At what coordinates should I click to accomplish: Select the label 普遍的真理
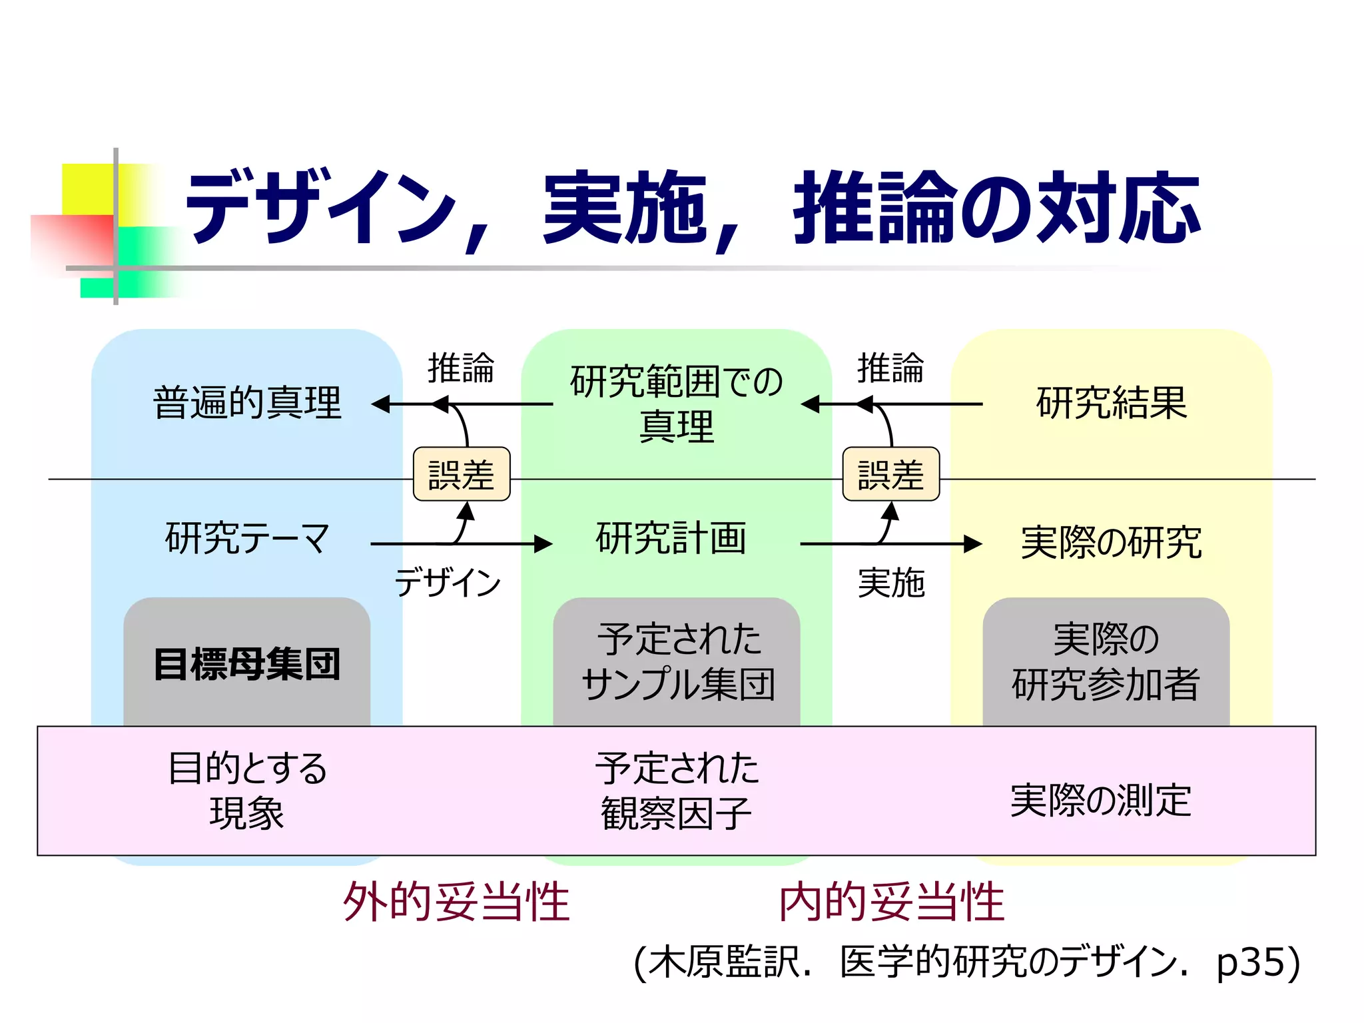[247, 403]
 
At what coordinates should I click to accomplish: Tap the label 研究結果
[1111, 403]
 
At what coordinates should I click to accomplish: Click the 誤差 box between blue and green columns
[462, 474]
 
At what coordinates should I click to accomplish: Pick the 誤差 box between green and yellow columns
[890, 474]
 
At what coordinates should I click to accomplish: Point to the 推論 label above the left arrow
[461, 368]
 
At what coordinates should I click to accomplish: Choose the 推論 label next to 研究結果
[890, 368]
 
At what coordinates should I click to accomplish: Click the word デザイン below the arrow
[448, 582]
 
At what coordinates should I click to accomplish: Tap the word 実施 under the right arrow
[890, 583]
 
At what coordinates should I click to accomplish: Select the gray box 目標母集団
[247, 663]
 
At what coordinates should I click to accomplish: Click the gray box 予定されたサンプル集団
[677, 662]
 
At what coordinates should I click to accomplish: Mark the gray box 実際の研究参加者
[1106, 662]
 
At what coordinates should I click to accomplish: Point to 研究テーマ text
[247, 538]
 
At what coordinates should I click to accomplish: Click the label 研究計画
[671, 538]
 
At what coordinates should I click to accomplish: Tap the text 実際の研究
[1111, 542]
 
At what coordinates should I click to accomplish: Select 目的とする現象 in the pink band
[247, 791]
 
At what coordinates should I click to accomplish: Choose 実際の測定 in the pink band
[1100, 800]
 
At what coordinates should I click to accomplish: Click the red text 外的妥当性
[456, 902]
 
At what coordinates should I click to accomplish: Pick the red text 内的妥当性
[891, 902]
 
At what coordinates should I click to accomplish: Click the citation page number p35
[1249, 962]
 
